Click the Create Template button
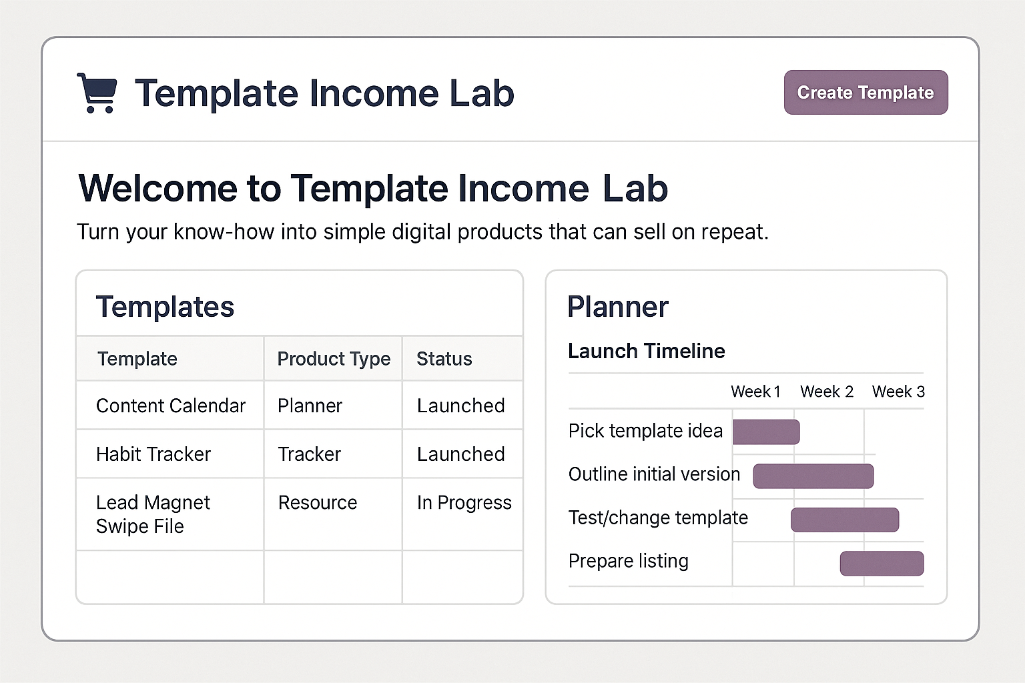click(866, 93)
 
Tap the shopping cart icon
click(97, 93)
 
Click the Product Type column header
click(333, 359)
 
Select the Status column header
click(444, 359)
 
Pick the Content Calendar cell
click(170, 406)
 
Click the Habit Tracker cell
click(153, 454)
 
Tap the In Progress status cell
click(464, 503)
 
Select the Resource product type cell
click(317, 503)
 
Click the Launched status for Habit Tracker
click(460, 454)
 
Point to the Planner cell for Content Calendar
click(310, 406)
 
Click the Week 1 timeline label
click(755, 392)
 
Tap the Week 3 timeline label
click(898, 392)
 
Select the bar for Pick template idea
click(766, 432)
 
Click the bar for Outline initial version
click(813, 476)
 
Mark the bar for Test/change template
click(845, 520)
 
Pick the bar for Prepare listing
click(882, 564)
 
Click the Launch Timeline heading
click(646, 351)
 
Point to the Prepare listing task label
click(628, 561)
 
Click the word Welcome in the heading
click(157, 189)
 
